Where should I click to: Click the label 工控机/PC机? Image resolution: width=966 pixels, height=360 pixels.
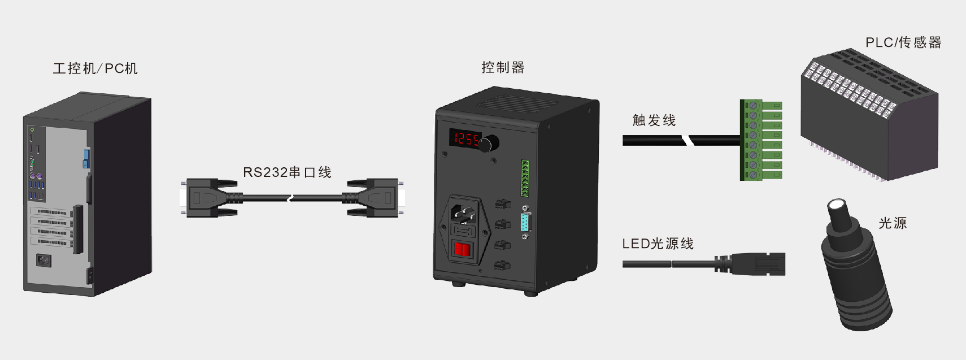pyautogui.click(x=95, y=68)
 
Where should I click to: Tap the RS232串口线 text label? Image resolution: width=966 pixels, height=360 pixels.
pyautogui.click(x=287, y=172)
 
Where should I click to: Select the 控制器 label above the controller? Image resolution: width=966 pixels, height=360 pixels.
pyautogui.click(x=503, y=67)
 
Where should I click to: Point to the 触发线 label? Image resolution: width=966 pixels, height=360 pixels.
pyautogui.click(x=654, y=120)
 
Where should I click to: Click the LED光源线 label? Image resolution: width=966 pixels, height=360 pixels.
pyautogui.click(x=658, y=244)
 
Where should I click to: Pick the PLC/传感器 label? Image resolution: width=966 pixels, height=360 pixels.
pyautogui.click(x=903, y=42)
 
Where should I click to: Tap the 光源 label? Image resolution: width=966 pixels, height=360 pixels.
pyautogui.click(x=893, y=223)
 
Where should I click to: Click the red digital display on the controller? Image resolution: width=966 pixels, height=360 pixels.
pyautogui.click(x=465, y=138)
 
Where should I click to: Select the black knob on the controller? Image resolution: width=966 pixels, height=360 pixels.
pyautogui.click(x=489, y=144)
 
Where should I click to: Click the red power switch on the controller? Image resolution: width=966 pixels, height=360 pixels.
pyautogui.click(x=462, y=249)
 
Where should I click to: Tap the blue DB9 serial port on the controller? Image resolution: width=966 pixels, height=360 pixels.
pyautogui.click(x=525, y=223)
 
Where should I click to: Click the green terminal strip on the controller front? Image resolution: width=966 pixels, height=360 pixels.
pyautogui.click(x=525, y=178)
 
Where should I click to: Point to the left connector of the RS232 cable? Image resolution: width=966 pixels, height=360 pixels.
pyautogui.click(x=208, y=198)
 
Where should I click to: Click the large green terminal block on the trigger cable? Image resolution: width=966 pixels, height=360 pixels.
pyautogui.click(x=761, y=140)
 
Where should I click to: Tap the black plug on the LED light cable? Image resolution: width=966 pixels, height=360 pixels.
pyautogui.click(x=750, y=264)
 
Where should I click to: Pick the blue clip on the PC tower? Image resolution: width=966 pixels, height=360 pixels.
pyautogui.click(x=86, y=158)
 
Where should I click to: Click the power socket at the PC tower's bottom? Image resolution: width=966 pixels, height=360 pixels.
pyautogui.click(x=43, y=261)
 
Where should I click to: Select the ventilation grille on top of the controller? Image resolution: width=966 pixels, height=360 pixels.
pyautogui.click(x=517, y=103)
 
